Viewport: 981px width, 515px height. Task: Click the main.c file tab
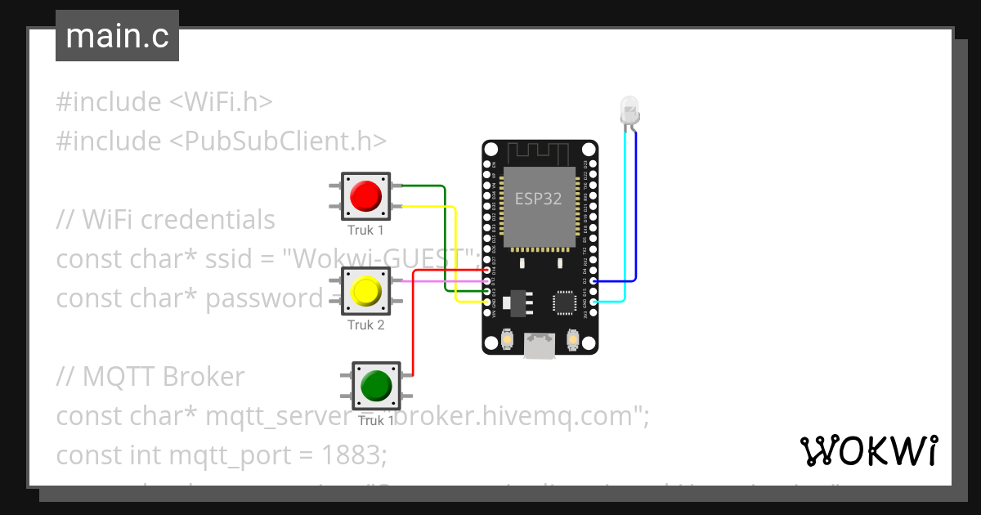coord(117,37)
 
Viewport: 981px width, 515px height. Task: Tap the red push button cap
coord(365,196)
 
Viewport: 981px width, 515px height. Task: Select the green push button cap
coord(376,385)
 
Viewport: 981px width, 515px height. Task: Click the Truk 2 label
coord(365,325)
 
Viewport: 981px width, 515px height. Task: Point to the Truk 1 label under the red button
coord(365,231)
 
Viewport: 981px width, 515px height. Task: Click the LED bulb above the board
coord(629,110)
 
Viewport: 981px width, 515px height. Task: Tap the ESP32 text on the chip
coord(538,198)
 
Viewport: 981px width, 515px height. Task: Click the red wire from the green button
coord(412,327)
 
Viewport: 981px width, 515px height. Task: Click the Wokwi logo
coord(868,450)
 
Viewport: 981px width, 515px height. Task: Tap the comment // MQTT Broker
coord(150,376)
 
